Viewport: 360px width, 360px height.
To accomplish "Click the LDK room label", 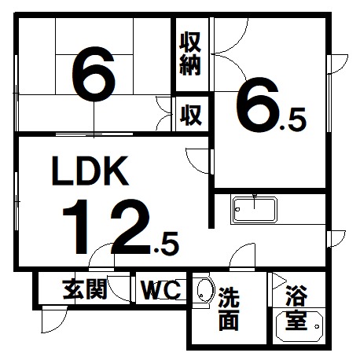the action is tap(90, 171).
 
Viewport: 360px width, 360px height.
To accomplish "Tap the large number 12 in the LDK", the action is tap(107, 227).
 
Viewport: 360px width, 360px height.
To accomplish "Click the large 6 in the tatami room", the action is tap(94, 74).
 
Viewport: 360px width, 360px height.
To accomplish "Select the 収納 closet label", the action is tap(190, 53).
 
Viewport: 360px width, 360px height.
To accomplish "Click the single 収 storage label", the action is tap(191, 115).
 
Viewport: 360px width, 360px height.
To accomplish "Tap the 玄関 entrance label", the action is tap(85, 288).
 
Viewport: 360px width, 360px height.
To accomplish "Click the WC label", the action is tap(161, 289).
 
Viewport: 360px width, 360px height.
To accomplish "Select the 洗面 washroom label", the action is tap(229, 309).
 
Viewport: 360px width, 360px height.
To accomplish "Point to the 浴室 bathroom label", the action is tap(296, 307).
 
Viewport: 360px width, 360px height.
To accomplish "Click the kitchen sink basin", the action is tap(255, 210).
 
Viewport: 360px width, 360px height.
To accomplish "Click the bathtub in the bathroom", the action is tap(299, 326).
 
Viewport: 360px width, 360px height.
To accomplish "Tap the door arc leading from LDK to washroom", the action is tap(237, 250).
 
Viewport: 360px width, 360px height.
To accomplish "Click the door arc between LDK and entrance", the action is tap(96, 250).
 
